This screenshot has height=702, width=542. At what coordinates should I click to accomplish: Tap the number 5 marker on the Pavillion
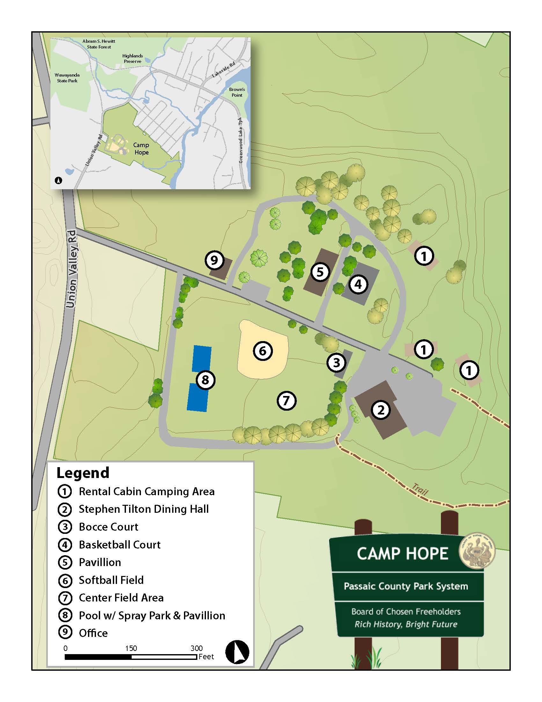(x=320, y=272)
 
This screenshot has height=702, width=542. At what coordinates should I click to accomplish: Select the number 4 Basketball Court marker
(x=358, y=284)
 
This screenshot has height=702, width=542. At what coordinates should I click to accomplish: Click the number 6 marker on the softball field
(x=263, y=351)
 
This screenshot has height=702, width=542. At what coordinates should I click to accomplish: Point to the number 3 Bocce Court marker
(x=336, y=363)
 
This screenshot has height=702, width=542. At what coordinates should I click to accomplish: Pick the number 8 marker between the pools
(x=205, y=380)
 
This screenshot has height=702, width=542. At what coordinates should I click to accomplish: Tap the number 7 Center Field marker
(x=286, y=400)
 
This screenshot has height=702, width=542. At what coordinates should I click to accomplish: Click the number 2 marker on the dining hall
(x=381, y=410)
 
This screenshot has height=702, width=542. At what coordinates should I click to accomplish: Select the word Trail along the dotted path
(x=420, y=489)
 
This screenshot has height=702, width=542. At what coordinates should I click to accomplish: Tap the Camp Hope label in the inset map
(x=141, y=149)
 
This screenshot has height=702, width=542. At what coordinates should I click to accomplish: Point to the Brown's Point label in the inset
(x=237, y=92)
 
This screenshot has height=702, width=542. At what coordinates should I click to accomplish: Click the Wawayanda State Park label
(x=67, y=78)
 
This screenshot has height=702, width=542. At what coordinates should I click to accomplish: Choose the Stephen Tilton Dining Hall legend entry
(x=143, y=509)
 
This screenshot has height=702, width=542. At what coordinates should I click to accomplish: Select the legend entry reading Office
(x=93, y=633)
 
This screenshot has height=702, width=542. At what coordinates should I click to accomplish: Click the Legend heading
(x=83, y=473)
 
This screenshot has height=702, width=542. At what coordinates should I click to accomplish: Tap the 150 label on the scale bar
(x=131, y=648)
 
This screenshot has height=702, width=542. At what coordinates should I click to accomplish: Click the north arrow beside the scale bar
(x=237, y=652)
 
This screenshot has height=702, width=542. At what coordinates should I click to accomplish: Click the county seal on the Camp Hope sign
(x=477, y=552)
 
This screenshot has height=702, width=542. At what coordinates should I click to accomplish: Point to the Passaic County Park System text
(x=406, y=586)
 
